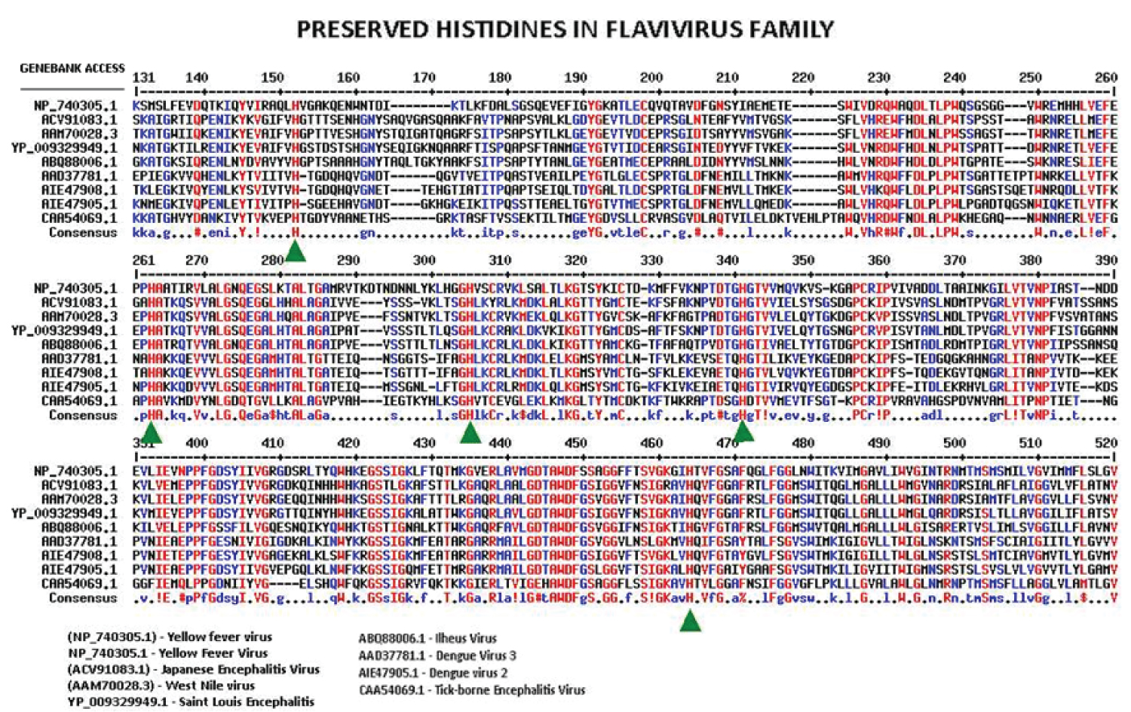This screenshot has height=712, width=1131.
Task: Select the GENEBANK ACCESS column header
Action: pyautogui.click(x=72, y=69)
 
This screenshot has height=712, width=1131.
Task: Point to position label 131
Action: pyautogui.click(x=143, y=78)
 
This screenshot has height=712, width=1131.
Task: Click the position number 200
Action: pyautogui.click(x=651, y=78)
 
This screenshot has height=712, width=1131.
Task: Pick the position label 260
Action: pyautogui.click(x=1106, y=78)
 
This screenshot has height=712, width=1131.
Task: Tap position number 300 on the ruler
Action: pyautogui.click(x=424, y=261)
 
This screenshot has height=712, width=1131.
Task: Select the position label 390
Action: pyautogui.click(x=1106, y=261)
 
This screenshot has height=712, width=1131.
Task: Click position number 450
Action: pyautogui.click(x=575, y=443)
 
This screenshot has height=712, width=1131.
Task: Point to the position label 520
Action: pyautogui.click(x=1106, y=443)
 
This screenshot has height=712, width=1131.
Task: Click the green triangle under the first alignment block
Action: pyautogui.click(x=296, y=252)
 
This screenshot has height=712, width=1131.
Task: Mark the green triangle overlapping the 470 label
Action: pyautogui.click(x=743, y=432)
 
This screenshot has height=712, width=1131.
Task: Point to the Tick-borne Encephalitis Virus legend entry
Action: pyautogui.click(x=472, y=690)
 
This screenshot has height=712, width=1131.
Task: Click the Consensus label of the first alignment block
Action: pyautogui.click(x=83, y=233)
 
